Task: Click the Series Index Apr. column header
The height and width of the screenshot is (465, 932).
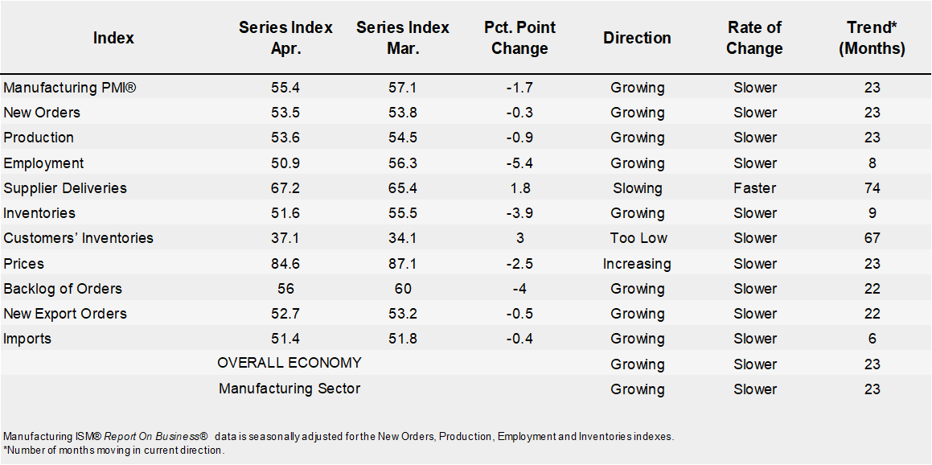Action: [285, 38]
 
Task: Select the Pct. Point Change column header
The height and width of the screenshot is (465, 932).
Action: [519, 38]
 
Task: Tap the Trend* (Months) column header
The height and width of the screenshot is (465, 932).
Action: [872, 38]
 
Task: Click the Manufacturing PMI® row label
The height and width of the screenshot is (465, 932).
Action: [70, 88]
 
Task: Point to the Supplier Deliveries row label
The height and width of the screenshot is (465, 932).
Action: [65, 188]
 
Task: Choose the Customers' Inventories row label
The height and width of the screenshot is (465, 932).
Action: [78, 238]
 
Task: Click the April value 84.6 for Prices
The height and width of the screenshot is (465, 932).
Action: [285, 264]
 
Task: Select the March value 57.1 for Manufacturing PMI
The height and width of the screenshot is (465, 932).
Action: [402, 88]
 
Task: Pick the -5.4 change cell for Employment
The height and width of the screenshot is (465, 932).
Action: [519, 163]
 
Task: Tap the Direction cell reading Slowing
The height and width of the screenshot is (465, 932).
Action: [637, 188]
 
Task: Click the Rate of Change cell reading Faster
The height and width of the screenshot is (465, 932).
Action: [754, 188]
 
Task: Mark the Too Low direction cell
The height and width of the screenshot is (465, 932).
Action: [637, 238]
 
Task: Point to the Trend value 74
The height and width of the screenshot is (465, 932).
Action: [872, 188]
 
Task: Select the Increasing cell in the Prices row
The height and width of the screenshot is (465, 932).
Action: [637, 264]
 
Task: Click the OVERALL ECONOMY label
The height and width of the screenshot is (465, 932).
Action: [289, 363]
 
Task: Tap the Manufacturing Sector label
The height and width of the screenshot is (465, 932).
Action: [289, 389]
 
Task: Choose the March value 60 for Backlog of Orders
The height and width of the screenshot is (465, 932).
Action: [402, 289]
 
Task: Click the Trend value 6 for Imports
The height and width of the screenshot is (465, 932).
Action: [872, 339]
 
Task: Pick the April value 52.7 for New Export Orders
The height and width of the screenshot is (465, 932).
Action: [285, 314]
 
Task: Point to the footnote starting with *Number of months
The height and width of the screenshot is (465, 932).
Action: [113, 450]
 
